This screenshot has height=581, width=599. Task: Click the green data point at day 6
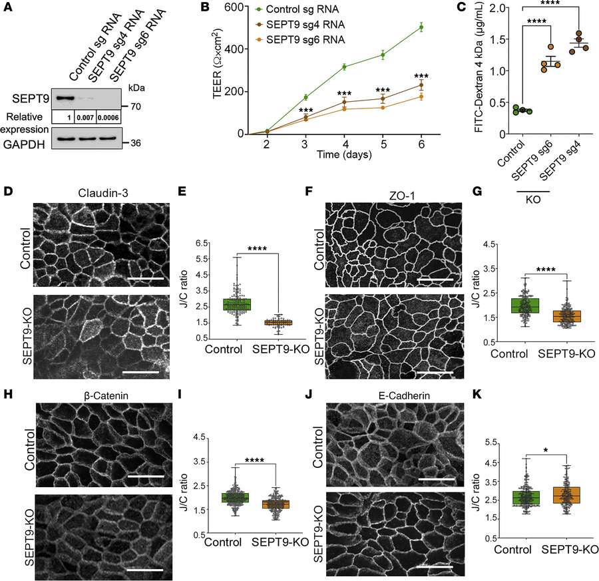[x=402, y=27]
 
